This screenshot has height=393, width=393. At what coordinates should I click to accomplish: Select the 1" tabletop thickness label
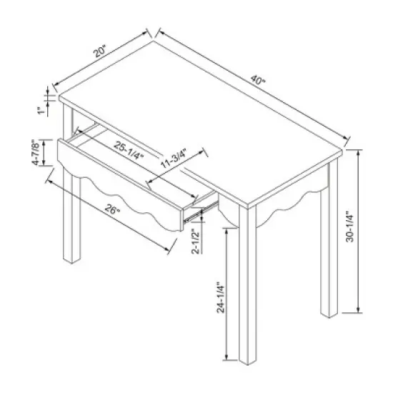coord(42,109)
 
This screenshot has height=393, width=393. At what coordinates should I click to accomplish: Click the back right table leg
coord(328,243)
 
